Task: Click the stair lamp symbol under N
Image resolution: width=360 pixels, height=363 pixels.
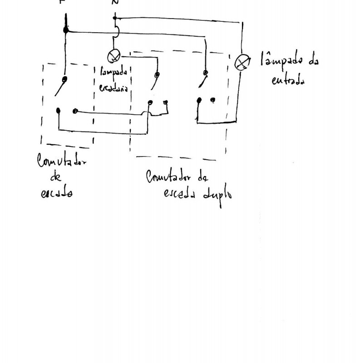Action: (x=113, y=57)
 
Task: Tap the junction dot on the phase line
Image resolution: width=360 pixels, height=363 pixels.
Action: (x=66, y=30)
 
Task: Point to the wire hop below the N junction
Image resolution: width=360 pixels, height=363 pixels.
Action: (x=116, y=32)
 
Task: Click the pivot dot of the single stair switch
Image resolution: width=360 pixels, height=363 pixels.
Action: (x=65, y=79)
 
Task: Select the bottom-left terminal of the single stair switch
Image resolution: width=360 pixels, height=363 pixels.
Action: (x=59, y=110)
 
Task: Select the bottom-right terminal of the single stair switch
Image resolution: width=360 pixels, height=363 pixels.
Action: (x=75, y=111)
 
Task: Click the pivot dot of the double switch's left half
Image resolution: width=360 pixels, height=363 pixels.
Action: (x=157, y=75)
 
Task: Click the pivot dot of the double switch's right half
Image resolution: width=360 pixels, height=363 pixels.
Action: (x=206, y=72)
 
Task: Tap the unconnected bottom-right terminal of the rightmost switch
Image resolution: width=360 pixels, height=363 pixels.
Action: (x=213, y=99)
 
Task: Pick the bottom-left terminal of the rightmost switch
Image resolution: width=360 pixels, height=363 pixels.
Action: (x=198, y=100)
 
